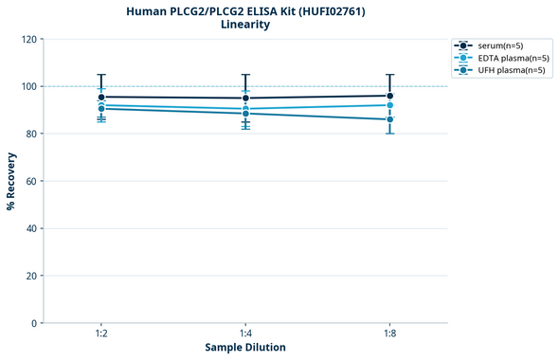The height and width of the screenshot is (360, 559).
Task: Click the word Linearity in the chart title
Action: (x=245, y=25)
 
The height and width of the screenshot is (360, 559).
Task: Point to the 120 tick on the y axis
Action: (x=28, y=39)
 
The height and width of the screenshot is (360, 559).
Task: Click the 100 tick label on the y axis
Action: (x=28, y=86)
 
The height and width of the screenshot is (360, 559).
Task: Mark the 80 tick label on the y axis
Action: (x=31, y=134)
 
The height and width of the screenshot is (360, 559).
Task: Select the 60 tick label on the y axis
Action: (x=31, y=181)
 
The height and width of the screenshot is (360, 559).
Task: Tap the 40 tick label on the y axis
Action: (x=31, y=228)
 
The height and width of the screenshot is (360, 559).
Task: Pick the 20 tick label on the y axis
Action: (x=31, y=276)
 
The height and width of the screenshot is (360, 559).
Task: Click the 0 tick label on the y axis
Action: (x=34, y=323)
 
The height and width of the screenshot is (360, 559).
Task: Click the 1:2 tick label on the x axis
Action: (x=100, y=334)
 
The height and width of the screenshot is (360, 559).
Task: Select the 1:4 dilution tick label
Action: (x=245, y=334)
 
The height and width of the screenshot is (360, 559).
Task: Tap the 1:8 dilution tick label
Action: (x=389, y=334)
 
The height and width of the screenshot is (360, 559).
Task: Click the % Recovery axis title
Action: (x=10, y=181)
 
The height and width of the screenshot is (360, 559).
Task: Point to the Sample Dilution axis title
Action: (x=245, y=348)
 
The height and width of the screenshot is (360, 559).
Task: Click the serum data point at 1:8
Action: (x=389, y=96)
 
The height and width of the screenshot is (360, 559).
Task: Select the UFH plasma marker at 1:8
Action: (x=389, y=119)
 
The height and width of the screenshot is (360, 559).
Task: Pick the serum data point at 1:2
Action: (x=101, y=97)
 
